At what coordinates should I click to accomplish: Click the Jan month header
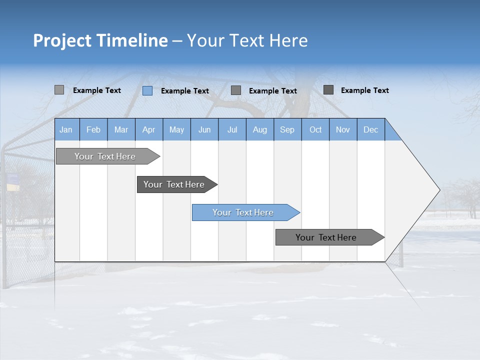(66, 129)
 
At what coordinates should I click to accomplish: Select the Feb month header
(93, 129)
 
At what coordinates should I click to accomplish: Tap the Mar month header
(121, 129)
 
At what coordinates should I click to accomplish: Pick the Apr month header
(149, 129)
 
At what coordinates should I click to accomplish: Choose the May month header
(176, 129)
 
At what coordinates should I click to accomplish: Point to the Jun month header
(204, 129)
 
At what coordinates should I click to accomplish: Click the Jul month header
(232, 129)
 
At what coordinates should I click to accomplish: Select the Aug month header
(260, 129)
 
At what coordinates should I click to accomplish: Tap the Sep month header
(287, 129)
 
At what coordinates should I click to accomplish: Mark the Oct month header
(315, 129)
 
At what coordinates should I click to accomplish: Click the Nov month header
(343, 129)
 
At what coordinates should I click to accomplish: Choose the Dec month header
(371, 129)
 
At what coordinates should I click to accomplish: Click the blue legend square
(147, 90)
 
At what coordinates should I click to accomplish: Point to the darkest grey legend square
(328, 90)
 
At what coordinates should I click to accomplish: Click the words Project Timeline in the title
(100, 40)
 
